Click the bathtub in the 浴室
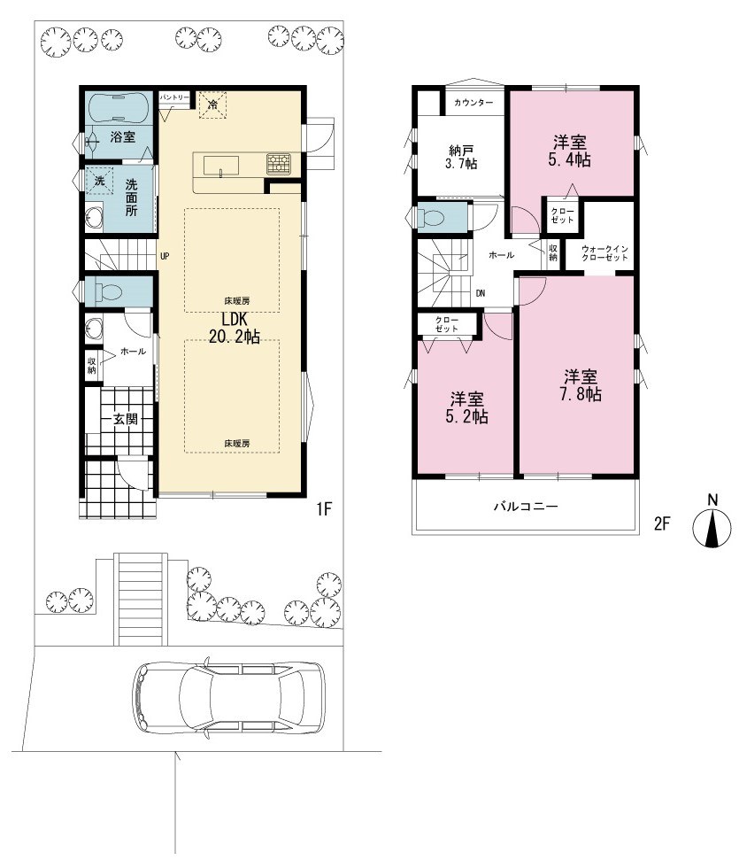pos(118,109)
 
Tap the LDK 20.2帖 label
pos(234,328)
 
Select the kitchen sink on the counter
pos(221,166)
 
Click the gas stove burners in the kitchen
pos(279,164)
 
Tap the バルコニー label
pos(526,507)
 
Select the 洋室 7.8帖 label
pos(581,385)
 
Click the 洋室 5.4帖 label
pos(570,151)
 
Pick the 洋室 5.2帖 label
pos(467,408)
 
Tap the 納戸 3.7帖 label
pos(461,157)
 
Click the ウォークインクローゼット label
pos(604,252)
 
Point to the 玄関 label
pos(126,419)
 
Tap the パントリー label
pos(174,97)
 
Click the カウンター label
pos(473,103)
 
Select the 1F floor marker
pos(324,509)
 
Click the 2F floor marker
pos(662,523)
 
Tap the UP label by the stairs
pos(165,256)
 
